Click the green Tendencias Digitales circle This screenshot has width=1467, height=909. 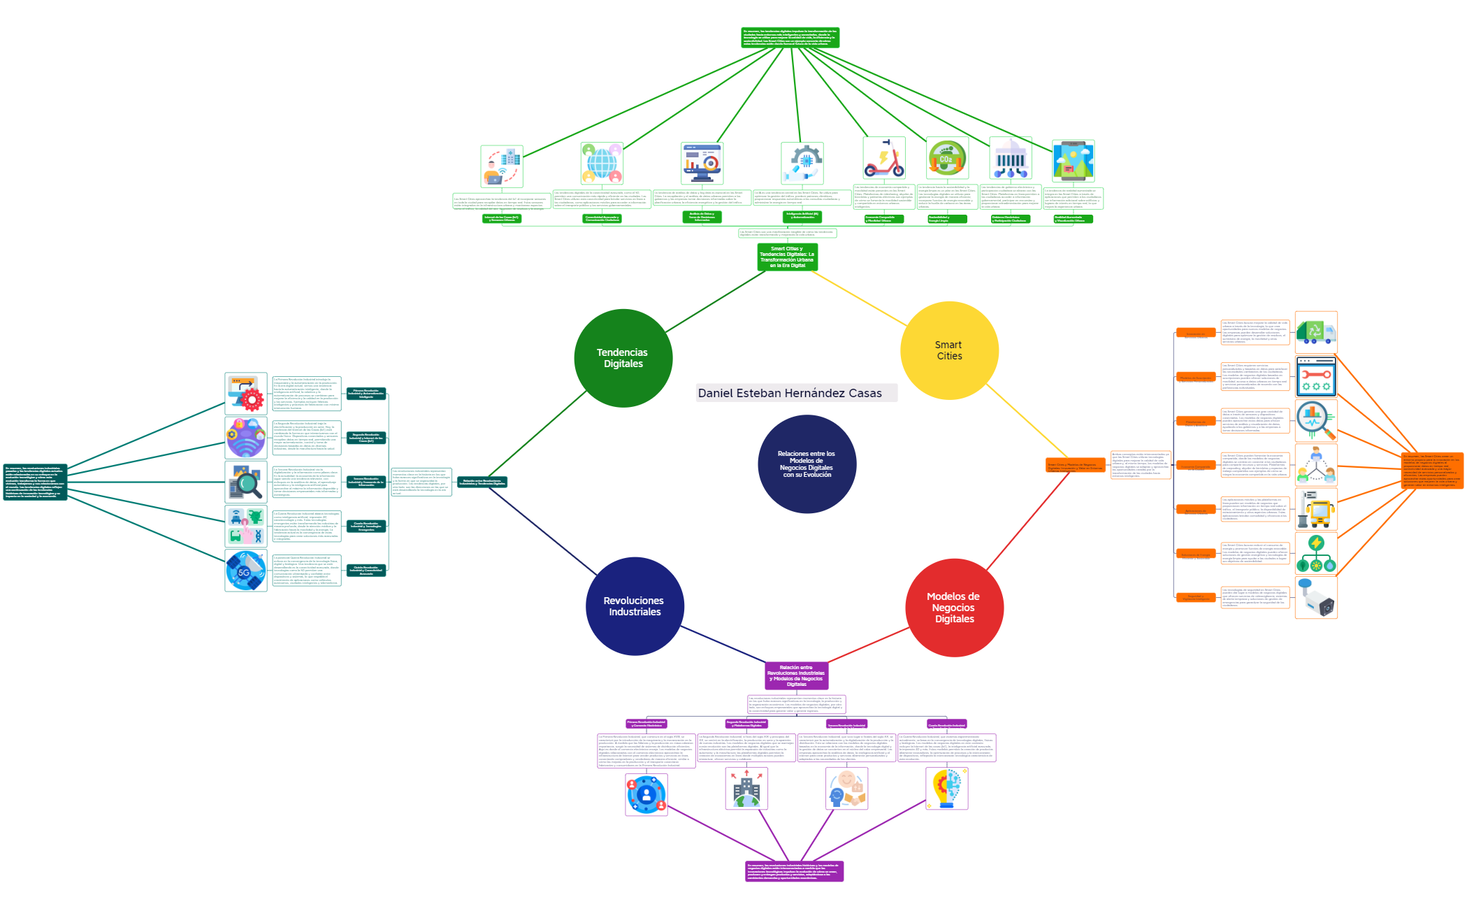[623, 358]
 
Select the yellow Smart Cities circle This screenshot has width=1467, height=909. [949, 350]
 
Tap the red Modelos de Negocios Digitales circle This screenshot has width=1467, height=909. [954, 608]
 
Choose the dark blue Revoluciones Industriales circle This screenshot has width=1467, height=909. [634, 606]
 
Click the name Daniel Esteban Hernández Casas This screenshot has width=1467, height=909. [790, 393]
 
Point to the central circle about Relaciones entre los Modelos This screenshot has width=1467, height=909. [807, 464]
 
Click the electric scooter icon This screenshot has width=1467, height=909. [883, 159]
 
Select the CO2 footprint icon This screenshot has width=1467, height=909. [947, 158]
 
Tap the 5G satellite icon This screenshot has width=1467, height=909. [246, 571]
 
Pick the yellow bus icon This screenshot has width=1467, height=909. [1315, 509]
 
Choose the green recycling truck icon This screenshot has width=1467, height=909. [1315, 332]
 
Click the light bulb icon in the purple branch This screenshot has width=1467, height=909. [946, 789]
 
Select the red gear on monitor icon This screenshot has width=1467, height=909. [246, 394]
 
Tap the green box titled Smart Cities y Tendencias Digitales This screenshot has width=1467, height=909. [787, 257]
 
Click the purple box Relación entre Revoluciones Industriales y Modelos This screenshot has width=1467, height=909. [796, 675]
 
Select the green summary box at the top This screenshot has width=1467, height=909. [790, 38]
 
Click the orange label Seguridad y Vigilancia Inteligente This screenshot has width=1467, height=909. [1195, 598]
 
